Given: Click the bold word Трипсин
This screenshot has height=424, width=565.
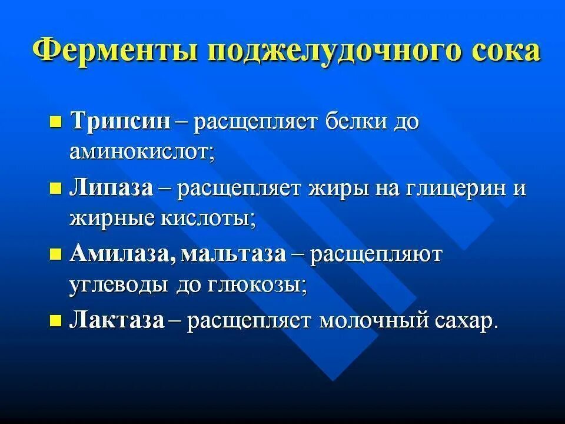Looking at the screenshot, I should [121, 122].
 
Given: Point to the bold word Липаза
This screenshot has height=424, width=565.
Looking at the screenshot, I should [112, 188].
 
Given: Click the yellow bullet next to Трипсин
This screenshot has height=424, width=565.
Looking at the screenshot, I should [56, 122].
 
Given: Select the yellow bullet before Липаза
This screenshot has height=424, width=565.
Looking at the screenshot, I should [56, 189].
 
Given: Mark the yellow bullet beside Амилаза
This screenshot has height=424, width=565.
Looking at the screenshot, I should [56, 255].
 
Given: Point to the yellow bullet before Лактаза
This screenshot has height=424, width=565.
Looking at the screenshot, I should [56, 321].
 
